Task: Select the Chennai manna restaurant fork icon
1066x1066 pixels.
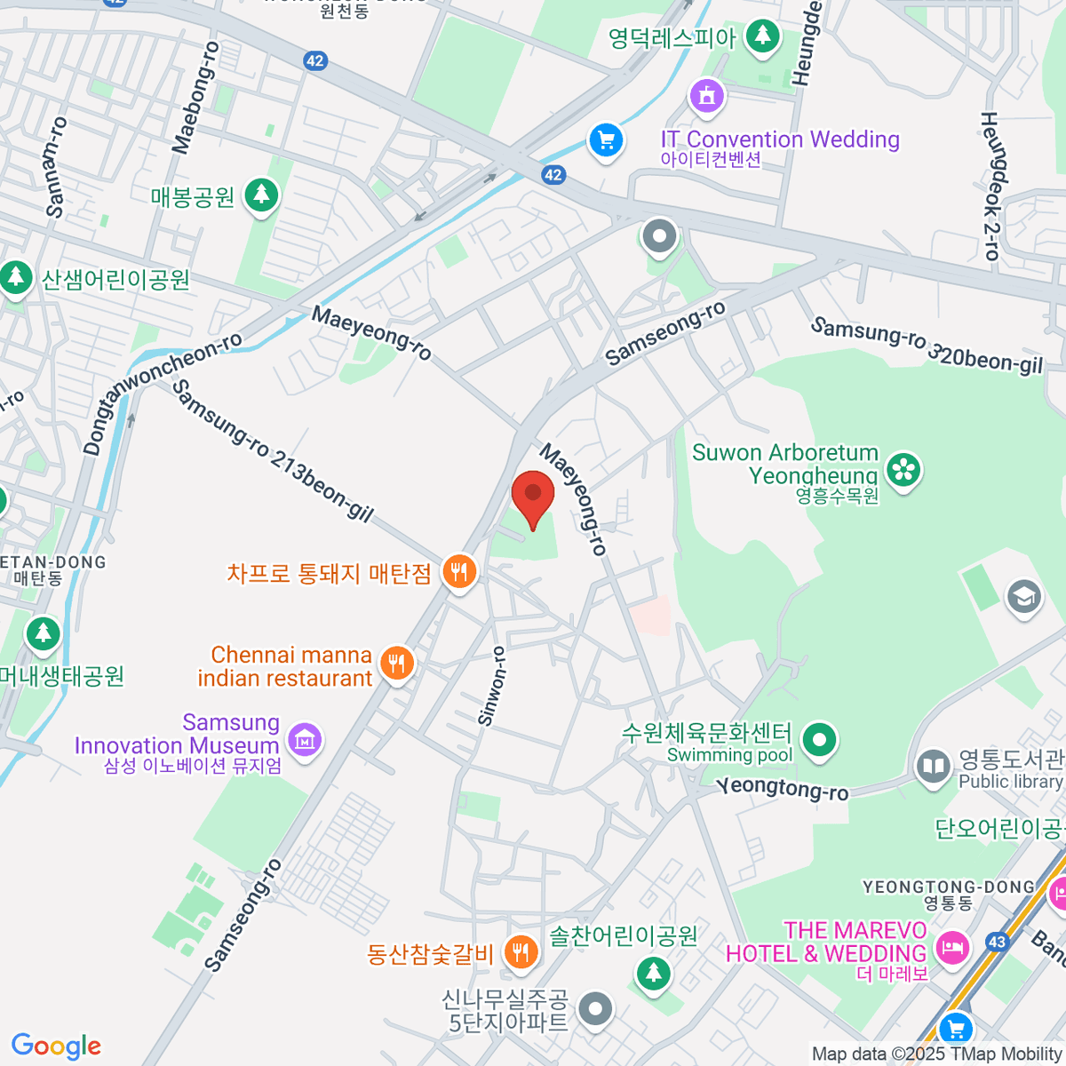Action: [x=397, y=663]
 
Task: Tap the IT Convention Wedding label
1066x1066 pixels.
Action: [x=780, y=139]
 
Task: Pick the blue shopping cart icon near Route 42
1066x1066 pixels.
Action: [x=606, y=139]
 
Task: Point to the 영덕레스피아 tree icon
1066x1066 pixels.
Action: [x=761, y=36]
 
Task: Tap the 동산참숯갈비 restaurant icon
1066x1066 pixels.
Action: [x=521, y=952]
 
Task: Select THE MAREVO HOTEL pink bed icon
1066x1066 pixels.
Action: [x=952, y=947]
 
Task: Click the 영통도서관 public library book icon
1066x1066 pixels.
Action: [x=933, y=766]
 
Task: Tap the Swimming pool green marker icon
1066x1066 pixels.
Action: [x=819, y=738]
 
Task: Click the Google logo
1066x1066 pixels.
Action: [x=56, y=1046]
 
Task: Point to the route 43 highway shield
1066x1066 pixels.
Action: [x=998, y=943]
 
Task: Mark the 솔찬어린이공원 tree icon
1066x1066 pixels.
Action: [x=654, y=972]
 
